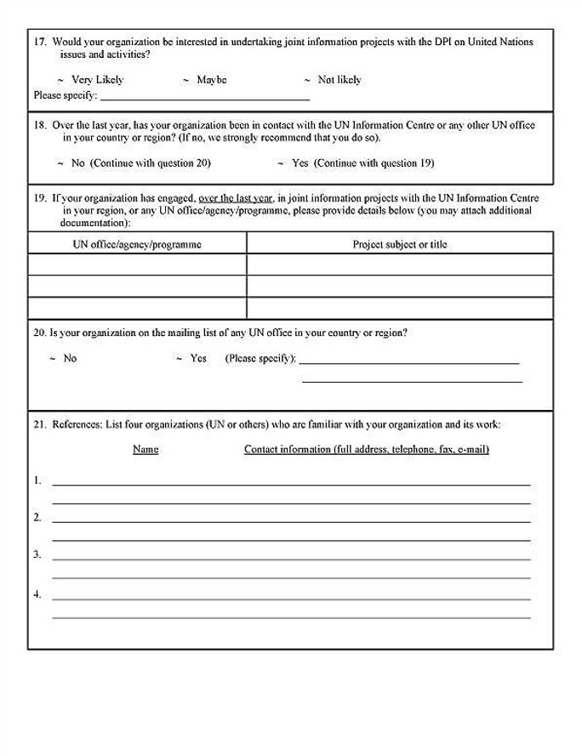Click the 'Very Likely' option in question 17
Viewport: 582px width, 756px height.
pyautogui.click(x=97, y=80)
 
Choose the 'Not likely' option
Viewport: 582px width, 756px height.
pyautogui.click(x=339, y=80)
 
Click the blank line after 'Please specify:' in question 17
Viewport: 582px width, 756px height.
pyautogui.click(x=204, y=96)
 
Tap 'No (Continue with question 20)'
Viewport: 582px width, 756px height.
pyautogui.click(x=140, y=162)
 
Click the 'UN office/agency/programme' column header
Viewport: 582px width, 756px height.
pyautogui.click(x=137, y=244)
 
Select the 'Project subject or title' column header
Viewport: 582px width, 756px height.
pyautogui.click(x=400, y=244)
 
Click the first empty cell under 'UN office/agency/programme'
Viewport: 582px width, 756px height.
pyautogui.click(x=137, y=264)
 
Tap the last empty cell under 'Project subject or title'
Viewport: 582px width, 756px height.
pyautogui.click(x=400, y=308)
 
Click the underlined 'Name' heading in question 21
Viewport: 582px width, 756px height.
pyautogui.click(x=145, y=449)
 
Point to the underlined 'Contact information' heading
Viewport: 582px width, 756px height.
pyautogui.click(x=366, y=449)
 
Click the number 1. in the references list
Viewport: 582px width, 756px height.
pyautogui.click(x=37, y=480)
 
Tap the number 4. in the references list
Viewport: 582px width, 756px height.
pyautogui.click(x=37, y=594)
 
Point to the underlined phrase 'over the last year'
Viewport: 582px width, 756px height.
pyautogui.click(x=236, y=198)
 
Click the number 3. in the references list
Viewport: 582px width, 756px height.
pyautogui.click(x=37, y=554)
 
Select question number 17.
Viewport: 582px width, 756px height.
pyautogui.click(x=40, y=42)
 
